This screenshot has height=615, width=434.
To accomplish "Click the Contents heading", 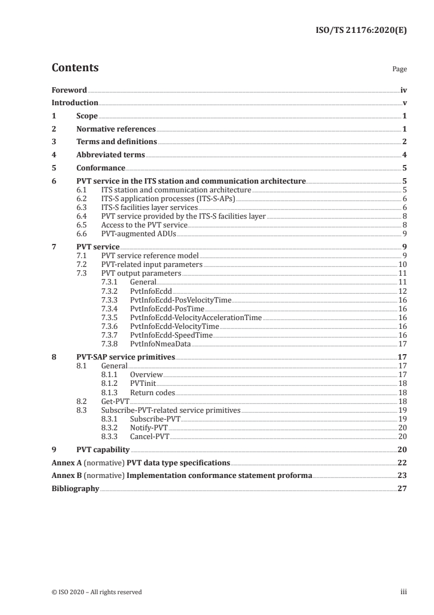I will tap(75, 68).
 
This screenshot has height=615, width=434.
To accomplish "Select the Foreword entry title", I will tap(69, 90).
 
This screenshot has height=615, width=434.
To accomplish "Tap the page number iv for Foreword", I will tap(403, 90).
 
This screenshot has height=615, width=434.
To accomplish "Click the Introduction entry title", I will tap(75, 103).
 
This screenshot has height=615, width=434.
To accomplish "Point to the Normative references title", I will tap(116, 129).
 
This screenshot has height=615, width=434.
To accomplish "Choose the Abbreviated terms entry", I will tap(111, 155).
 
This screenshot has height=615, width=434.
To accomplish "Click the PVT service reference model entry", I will tap(150, 255).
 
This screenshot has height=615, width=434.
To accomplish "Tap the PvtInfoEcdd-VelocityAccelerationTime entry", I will tap(195, 317).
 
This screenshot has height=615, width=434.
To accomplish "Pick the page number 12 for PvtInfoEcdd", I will tap(402, 291).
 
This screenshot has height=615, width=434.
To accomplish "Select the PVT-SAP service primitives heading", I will tap(125, 357).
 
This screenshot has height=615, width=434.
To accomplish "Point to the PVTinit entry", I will tap(143, 384).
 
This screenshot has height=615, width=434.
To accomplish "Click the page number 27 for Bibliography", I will tap(402, 488).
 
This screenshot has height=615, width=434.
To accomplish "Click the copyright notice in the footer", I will tap(96, 592).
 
